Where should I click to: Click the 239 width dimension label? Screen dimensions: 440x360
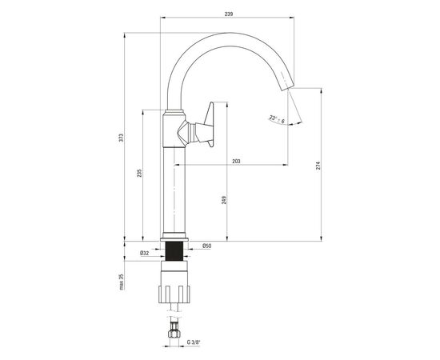pos(229,14)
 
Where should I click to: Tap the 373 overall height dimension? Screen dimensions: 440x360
pos(121,138)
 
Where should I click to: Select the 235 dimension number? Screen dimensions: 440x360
pos(139,174)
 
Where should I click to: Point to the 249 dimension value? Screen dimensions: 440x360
pos(224,199)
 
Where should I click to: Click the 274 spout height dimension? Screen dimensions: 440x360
pos(318,166)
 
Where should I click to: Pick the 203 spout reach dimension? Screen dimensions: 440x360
pos(236,162)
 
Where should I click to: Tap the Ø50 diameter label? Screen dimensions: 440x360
pos(207,246)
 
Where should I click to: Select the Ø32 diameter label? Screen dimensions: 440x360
pos(145,253)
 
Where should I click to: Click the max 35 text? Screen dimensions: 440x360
pos(122,282)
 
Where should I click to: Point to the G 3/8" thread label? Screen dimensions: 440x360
pos(194,342)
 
